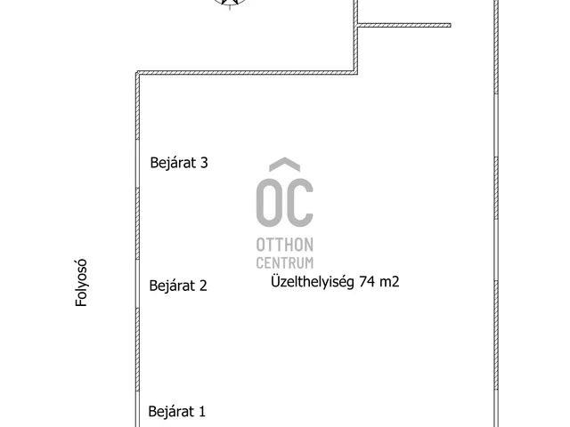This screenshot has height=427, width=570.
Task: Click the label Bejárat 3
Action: coord(179,163)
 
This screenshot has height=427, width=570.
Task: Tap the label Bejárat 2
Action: coord(178,286)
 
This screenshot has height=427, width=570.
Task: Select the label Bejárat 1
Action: coord(177,411)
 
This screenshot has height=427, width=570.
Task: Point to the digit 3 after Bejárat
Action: coord(204,163)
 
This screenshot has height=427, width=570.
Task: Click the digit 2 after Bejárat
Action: coord(203,286)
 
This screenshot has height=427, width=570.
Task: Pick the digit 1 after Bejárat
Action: coord(202,411)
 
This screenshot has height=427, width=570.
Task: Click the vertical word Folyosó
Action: coord(81,283)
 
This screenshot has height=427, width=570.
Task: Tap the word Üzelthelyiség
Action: coord(313,282)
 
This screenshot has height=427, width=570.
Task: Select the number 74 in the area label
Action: coord(368,281)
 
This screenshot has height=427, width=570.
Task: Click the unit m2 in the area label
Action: coord(390,282)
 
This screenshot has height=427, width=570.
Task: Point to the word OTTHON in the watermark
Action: coord(285,246)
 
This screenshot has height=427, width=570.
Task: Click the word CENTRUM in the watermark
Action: coord(285,262)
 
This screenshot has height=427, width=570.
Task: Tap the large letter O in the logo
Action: coord(269,203)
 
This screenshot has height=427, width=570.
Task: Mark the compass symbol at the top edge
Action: coord(230,3)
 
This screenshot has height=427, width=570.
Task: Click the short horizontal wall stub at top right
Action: coord(404,26)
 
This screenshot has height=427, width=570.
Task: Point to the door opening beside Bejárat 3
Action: coord(137,164)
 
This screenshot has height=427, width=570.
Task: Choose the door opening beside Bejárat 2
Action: coord(137,284)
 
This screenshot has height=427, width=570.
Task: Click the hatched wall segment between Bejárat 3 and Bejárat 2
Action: coord(137,223)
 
